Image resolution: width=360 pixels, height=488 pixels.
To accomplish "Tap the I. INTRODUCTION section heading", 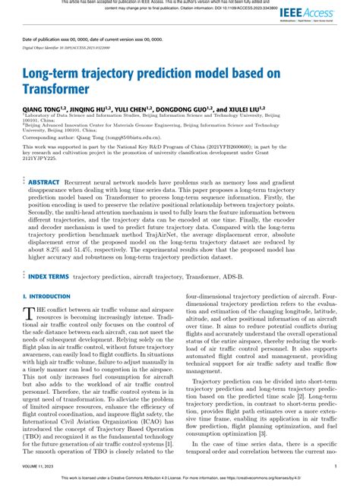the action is (47, 296).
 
